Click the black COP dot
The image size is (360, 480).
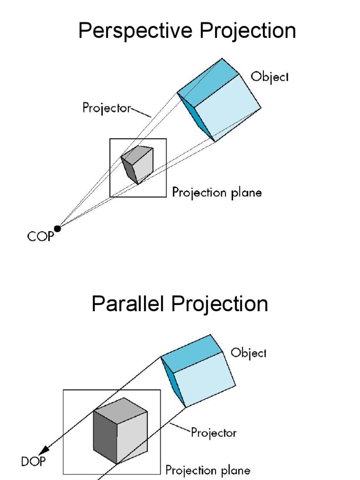pos(58,228)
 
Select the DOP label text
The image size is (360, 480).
pos(33,462)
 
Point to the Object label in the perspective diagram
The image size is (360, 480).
pos(270,76)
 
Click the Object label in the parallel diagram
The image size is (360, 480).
pos(249,353)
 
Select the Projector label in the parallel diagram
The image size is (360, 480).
pos(213,432)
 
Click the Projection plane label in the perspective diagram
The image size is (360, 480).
pos(217,192)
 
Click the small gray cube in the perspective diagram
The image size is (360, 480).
pos(138,164)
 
